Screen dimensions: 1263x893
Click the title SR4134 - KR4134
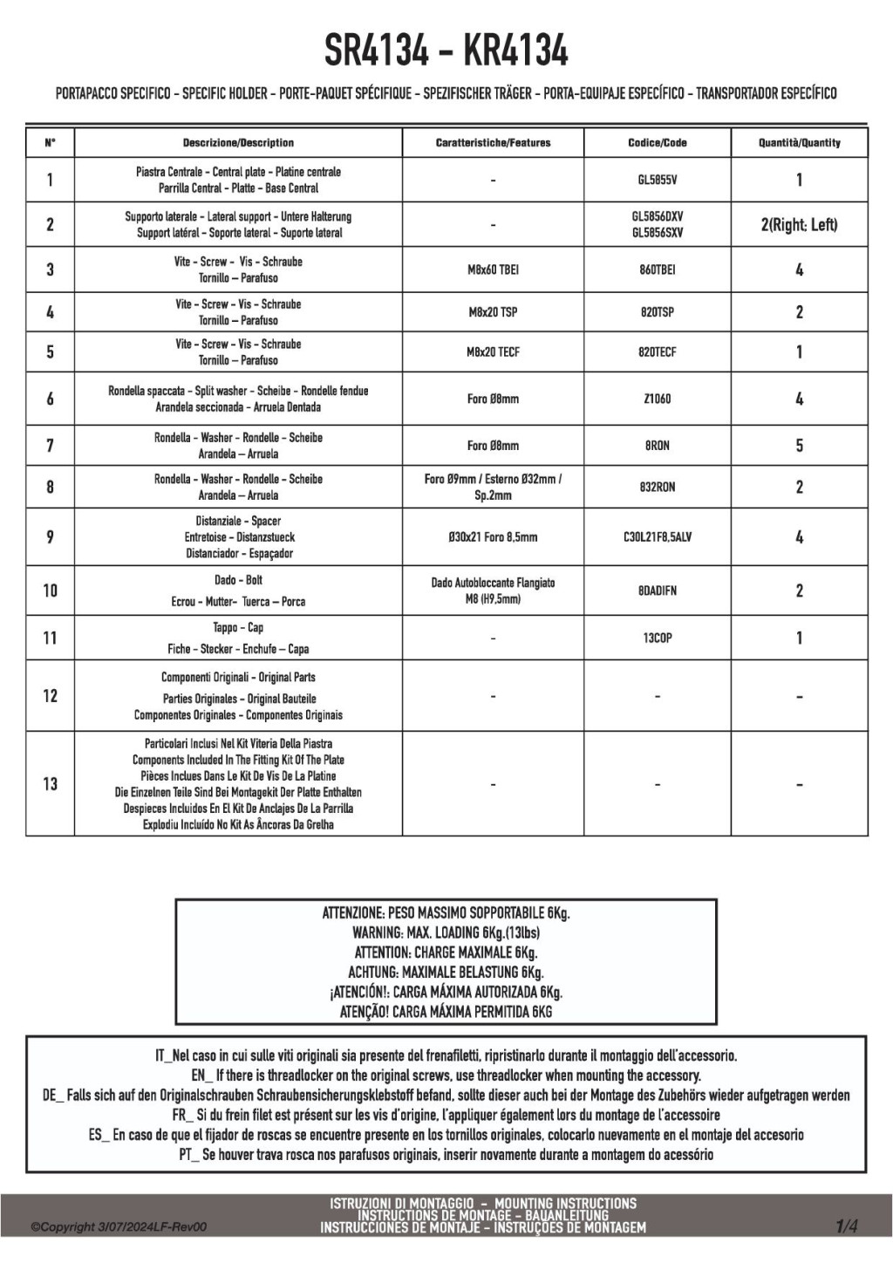point(446,51)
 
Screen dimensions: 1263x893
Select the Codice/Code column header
point(657,143)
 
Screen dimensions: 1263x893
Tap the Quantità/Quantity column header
point(799,143)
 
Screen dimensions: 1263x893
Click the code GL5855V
point(657,181)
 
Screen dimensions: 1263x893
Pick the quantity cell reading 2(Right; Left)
point(799,225)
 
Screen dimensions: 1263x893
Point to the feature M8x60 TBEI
point(493,270)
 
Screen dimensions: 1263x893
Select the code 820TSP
point(657,312)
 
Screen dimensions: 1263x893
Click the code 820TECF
point(657,352)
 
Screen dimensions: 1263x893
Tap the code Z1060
point(657,399)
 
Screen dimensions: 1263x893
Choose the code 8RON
point(657,446)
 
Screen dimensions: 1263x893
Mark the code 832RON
point(657,488)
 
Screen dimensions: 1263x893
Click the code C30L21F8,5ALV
point(657,537)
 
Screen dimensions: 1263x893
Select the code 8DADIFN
point(657,591)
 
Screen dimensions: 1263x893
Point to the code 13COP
point(657,638)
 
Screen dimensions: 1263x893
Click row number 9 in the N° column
point(50,537)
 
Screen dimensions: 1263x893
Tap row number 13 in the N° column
point(50,784)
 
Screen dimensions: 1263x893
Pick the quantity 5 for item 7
point(799,446)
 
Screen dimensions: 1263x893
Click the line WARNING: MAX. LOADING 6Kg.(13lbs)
point(446,933)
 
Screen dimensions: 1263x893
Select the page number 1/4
point(846,1226)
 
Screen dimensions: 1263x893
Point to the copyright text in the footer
point(119,1227)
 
